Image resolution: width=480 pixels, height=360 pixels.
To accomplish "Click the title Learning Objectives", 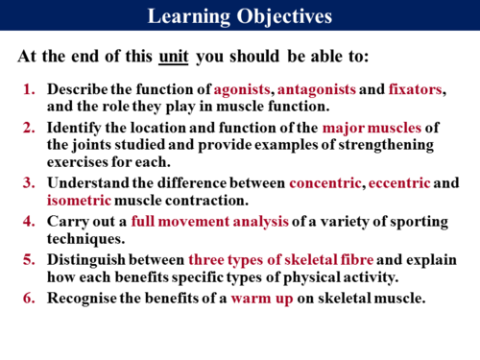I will [240, 16].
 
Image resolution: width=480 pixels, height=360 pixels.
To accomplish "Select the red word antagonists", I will [316, 89].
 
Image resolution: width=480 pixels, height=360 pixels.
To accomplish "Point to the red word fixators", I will [417, 89].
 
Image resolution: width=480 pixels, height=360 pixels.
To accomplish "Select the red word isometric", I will [80, 201].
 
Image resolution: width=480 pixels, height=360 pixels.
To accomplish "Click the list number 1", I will [30, 89].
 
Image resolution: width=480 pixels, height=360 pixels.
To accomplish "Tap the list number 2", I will [30, 128].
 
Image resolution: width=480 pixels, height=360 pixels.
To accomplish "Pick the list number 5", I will [30, 259].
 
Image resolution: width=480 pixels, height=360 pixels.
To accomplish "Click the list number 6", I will [30, 297].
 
